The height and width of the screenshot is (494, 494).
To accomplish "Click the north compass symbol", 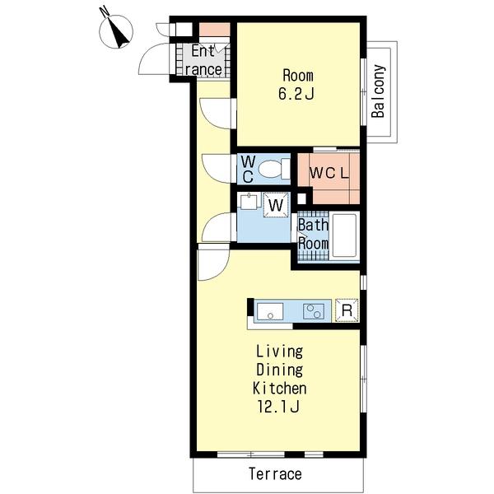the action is [x=116, y=31].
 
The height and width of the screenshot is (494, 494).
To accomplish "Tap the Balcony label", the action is [x=378, y=91].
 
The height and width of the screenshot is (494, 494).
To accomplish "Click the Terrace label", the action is [x=275, y=474].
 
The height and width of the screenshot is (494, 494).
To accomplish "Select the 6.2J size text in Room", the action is [x=296, y=94].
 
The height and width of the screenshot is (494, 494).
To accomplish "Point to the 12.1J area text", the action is [x=278, y=407].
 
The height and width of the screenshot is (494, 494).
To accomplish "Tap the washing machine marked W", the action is [x=277, y=205].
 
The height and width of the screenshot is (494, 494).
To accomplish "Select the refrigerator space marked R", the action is [x=347, y=310].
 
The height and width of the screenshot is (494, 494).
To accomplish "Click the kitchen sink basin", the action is [x=270, y=311].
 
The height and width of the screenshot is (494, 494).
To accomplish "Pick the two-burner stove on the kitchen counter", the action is [x=314, y=311].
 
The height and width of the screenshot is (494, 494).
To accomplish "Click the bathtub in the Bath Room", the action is [x=344, y=235].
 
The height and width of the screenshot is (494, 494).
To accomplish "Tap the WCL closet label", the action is [x=329, y=173].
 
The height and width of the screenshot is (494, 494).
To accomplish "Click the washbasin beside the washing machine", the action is [x=249, y=201].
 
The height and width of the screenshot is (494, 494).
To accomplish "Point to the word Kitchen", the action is [x=279, y=388].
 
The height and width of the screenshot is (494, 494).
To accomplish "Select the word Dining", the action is [x=279, y=370].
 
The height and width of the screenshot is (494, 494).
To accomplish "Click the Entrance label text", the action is [x=203, y=60].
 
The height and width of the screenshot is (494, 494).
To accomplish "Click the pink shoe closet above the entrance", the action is [x=214, y=30].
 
